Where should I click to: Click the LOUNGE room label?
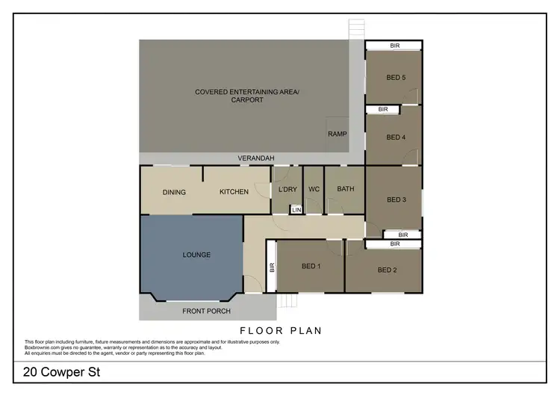coord(196,255)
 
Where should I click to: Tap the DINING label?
coord(174,192)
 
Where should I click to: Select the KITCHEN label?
coord(234,192)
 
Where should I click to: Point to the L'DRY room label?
coord(287,189)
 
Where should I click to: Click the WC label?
coord(314,189)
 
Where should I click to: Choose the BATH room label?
coord(346,189)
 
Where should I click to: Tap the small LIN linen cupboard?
coord(296,210)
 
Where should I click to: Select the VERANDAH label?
coord(257,158)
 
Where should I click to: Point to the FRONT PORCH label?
coord(208,311)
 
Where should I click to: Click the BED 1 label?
coord(311,267)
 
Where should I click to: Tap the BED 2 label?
coord(387,270)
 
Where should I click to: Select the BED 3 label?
coord(396,199)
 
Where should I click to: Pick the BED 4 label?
coord(396,137)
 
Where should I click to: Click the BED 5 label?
coord(396,77)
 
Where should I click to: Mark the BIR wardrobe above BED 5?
coord(393,46)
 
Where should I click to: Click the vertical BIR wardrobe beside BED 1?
coord(272,265)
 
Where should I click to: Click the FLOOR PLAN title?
coord(280,330)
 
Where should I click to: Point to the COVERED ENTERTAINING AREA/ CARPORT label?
coord(246,96)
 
